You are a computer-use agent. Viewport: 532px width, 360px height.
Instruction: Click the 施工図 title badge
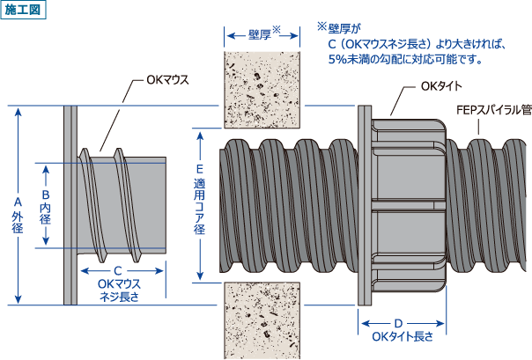(24, 10)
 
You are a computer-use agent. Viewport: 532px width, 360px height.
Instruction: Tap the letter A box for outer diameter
(17, 201)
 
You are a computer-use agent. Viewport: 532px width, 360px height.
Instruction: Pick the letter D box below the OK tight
(398, 323)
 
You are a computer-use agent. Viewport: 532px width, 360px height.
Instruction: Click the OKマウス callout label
(167, 81)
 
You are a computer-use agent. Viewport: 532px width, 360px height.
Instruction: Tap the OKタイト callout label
(441, 86)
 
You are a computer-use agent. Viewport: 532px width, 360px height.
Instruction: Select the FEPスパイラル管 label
(493, 110)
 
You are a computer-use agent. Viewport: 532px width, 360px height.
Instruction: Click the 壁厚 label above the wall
(261, 35)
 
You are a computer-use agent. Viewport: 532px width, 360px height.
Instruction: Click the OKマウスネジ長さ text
(119, 290)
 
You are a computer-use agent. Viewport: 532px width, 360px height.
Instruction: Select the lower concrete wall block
(262, 320)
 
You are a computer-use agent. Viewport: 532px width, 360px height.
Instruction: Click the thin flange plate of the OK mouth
(70, 205)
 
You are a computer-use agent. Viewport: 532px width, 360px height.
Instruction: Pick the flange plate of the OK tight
(363, 205)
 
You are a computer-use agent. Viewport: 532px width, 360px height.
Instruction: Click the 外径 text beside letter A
(17, 222)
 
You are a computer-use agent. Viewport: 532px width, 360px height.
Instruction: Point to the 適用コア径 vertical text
(200, 209)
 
